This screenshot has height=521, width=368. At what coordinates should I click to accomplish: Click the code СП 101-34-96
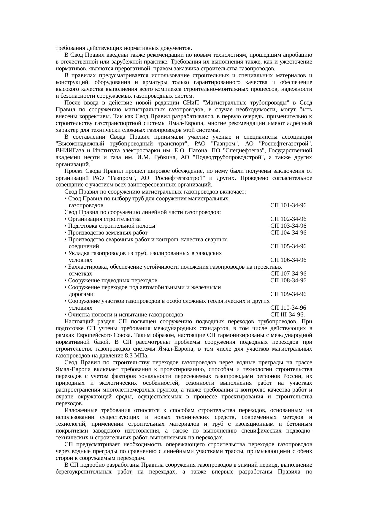pos(288,205)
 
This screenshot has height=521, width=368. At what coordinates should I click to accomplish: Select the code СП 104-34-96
pos(288,233)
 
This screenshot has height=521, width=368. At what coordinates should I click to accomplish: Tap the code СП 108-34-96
pos(288,281)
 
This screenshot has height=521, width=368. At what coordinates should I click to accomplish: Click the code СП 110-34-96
pos(288,308)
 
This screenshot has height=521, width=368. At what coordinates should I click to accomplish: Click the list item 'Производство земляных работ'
pos(108,233)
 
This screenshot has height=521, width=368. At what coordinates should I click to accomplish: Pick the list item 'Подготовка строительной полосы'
pos(112,226)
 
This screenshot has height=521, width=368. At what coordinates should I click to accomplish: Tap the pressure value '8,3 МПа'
pos(137,356)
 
